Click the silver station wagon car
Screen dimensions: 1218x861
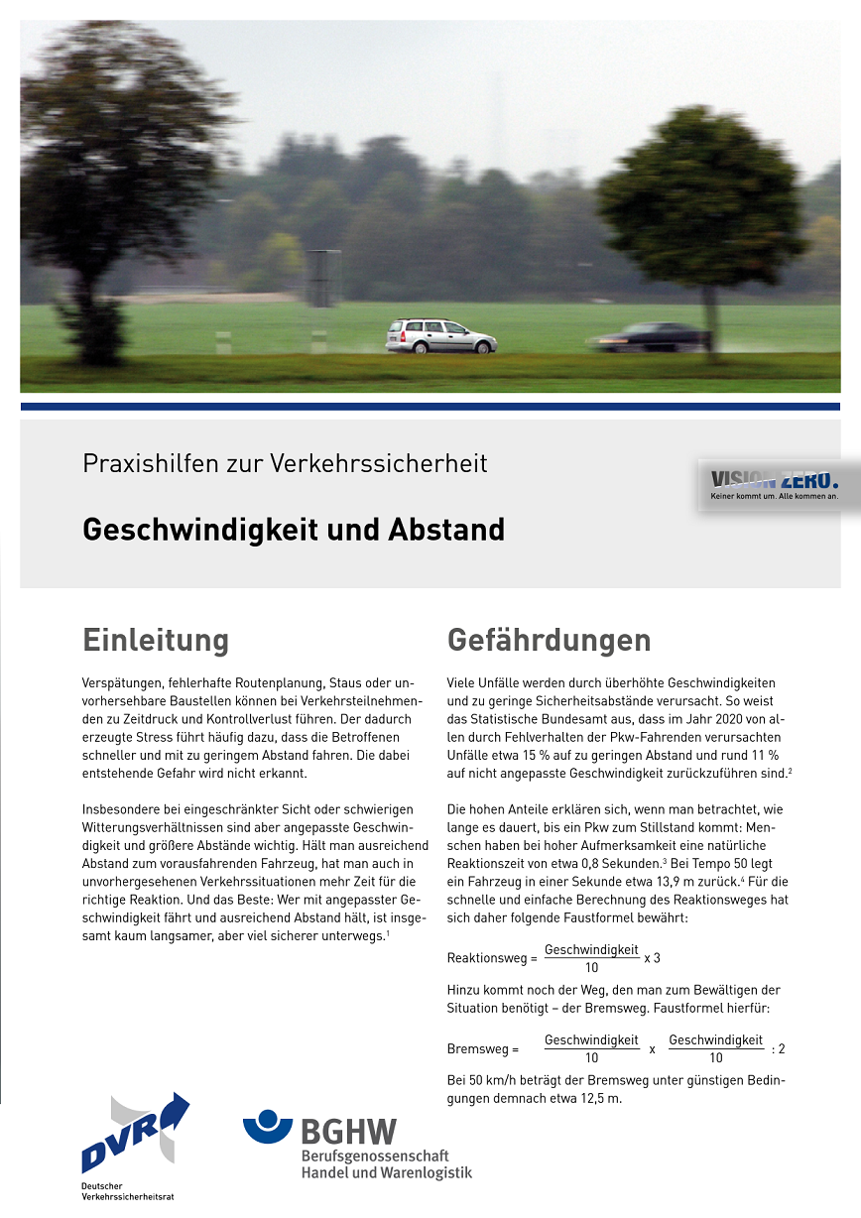[440, 336]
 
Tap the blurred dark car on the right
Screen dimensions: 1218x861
[651, 336]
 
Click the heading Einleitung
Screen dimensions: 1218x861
[156, 640]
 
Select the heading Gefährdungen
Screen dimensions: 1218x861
[549, 640]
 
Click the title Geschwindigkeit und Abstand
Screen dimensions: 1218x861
[293, 530]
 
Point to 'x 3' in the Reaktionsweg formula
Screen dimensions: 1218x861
[652, 958]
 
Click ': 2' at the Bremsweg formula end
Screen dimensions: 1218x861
[778, 1048]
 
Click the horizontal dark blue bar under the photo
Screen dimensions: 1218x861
[430, 406]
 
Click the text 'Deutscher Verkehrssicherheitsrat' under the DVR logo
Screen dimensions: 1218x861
[127, 1191]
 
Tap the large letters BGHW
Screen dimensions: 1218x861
[348, 1133]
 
